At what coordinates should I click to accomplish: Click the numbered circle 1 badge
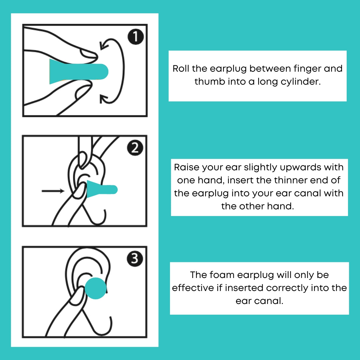[x=136, y=37]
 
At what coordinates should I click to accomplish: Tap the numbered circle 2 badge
[x=135, y=148]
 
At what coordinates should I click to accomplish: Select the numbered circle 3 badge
[x=135, y=259]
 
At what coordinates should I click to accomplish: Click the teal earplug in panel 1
[x=79, y=72]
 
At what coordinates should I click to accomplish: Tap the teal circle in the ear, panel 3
[x=96, y=288]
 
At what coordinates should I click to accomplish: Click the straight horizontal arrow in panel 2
[x=53, y=191]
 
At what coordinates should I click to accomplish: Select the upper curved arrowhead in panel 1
[x=104, y=45]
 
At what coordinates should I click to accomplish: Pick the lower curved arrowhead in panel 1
[x=104, y=99]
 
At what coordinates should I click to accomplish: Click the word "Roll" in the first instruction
[x=181, y=68]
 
